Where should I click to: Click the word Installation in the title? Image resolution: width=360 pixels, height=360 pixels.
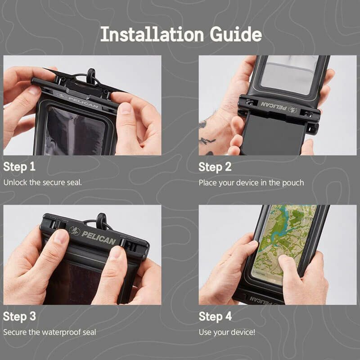[x=152, y=34]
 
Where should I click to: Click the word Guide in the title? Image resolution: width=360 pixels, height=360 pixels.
[x=236, y=34]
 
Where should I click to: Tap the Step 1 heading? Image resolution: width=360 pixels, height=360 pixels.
[x=19, y=167]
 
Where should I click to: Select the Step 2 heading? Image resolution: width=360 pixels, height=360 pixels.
[x=215, y=167]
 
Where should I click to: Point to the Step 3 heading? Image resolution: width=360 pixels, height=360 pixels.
[x=19, y=317]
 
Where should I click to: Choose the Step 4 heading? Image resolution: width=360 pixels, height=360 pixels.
[x=215, y=317]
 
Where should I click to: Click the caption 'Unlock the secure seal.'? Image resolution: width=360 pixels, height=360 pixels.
[x=42, y=183]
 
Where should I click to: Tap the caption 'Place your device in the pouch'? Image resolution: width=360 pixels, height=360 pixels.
[x=251, y=183]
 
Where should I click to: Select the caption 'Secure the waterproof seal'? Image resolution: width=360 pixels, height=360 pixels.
[x=49, y=332]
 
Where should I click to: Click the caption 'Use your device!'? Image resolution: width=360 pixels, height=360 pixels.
[x=227, y=332]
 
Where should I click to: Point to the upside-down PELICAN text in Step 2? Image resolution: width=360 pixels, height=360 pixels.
[x=274, y=106]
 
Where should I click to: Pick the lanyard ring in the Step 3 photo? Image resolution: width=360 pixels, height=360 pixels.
[x=102, y=221]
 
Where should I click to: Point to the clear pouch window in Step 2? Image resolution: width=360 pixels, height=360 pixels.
[x=290, y=73]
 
